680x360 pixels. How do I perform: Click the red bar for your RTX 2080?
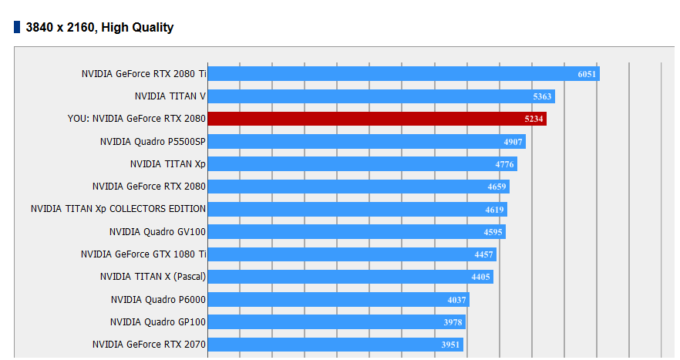[377, 119]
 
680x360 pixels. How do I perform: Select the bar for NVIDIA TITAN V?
[382, 96]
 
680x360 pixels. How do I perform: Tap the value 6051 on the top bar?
[587, 74]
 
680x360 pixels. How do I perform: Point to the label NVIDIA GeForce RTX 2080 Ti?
[143, 74]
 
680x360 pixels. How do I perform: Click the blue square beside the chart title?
[17, 27]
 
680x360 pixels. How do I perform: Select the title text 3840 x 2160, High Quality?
[99, 27]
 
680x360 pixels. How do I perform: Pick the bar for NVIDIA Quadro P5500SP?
[367, 141]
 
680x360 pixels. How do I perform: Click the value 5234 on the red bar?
[534, 119]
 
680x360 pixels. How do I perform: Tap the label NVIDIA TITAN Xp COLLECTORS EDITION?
[118, 209]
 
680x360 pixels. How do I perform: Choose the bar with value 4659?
[359, 187]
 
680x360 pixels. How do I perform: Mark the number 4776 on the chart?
[505, 164]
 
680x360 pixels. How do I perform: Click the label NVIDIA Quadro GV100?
[157, 231]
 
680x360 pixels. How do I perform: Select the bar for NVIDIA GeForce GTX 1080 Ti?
[352, 254]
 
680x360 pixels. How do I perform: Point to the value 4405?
[481, 278]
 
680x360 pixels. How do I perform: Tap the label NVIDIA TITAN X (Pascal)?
[153, 277]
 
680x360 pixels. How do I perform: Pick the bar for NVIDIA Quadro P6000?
[338, 299]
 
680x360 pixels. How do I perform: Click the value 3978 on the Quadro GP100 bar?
[453, 322]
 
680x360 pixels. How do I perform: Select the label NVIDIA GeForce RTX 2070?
[149, 345]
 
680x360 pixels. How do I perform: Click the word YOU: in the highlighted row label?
[79, 119]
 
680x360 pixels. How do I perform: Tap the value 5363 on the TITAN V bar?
[543, 96]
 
